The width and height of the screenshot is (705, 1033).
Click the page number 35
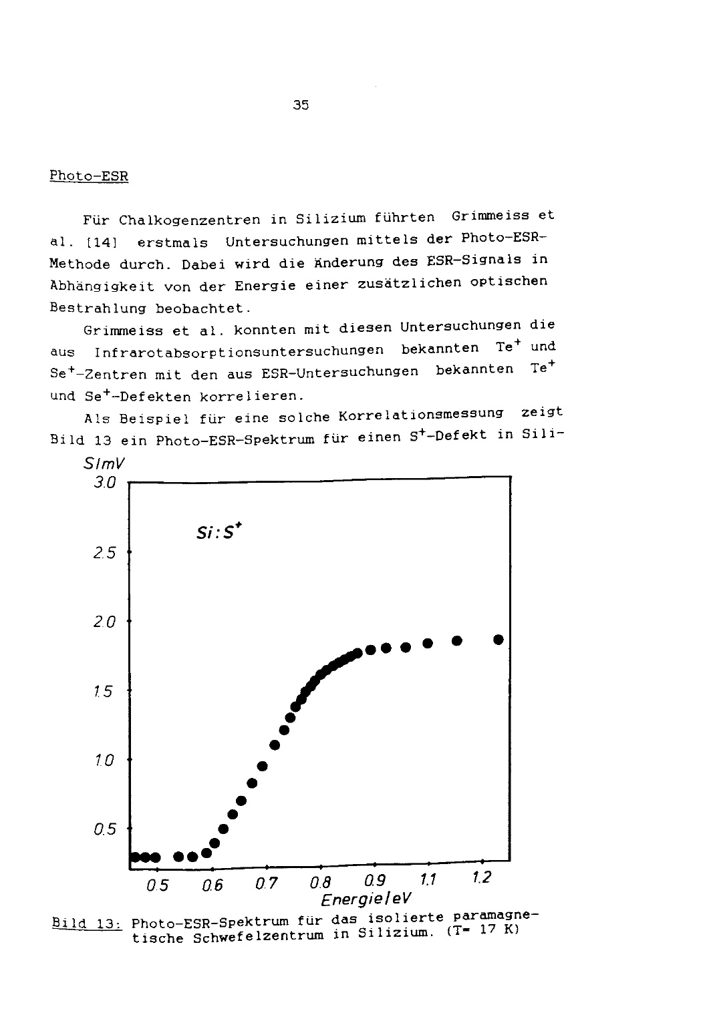click(x=301, y=105)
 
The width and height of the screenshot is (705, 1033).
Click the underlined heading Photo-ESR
click(x=89, y=176)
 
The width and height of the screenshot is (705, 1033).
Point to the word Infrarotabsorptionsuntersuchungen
click(x=239, y=351)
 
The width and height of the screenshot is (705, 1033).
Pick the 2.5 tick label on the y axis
click(x=105, y=553)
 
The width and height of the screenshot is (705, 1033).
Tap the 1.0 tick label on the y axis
click(x=105, y=760)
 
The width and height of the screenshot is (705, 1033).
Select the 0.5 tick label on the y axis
click(x=105, y=829)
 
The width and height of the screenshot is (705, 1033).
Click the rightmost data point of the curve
click(x=498, y=640)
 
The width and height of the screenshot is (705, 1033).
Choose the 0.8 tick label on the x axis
click(x=321, y=884)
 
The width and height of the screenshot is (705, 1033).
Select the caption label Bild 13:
click(x=85, y=925)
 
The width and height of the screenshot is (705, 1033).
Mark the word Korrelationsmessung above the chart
click(x=421, y=415)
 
